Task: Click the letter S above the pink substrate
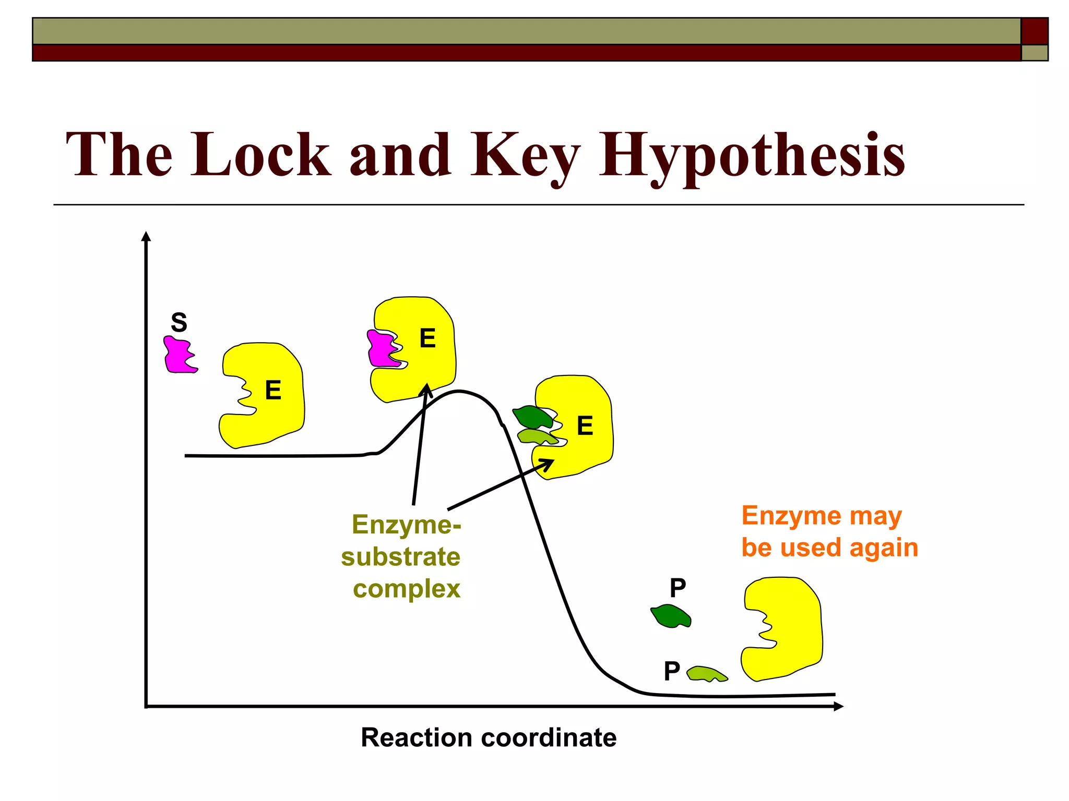coord(179,323)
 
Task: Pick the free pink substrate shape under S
coord(179,355)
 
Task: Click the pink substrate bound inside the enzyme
coord(382,349)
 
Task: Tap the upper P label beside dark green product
coord(678,588)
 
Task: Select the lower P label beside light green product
coord(672,671)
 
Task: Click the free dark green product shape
coord(671,616)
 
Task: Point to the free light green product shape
coord(706,674)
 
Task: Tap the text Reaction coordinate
coord(489,737)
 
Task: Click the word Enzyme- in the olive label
coord(407,525)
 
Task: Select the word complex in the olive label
coord(407,589)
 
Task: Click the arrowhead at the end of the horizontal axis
coord(838,707)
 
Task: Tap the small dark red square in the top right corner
coord(1035,31)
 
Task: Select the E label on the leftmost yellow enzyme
coord(273,390)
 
